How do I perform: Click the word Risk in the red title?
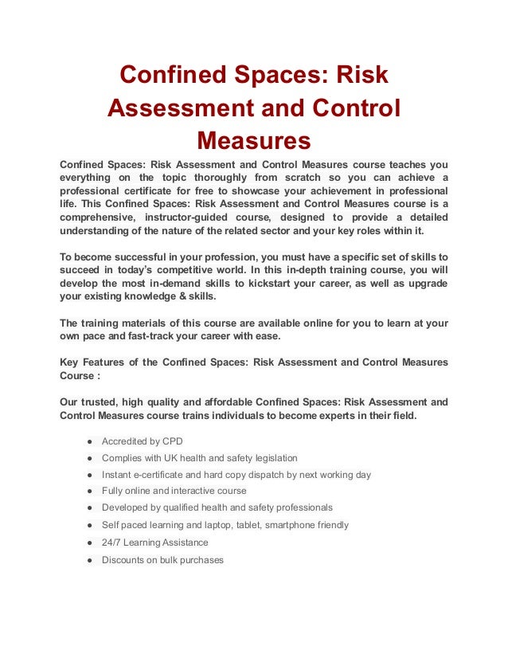coord(358,76)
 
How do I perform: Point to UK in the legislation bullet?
coord(175,458)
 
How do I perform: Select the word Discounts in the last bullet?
coord(125,559)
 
